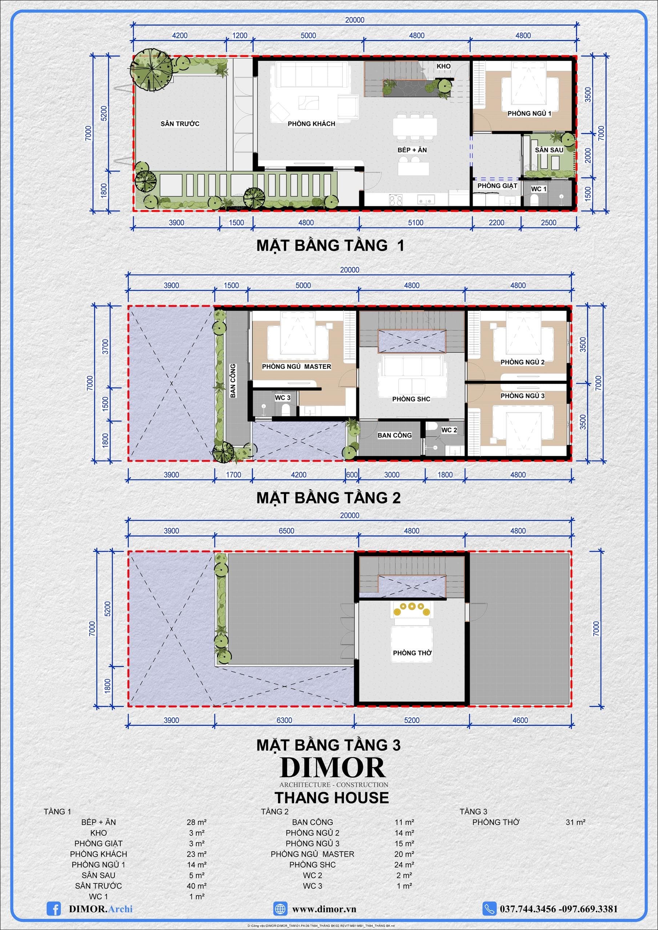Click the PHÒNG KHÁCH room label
click(311, 124)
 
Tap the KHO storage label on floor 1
click(444, 66)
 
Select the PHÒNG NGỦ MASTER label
click(296, 367)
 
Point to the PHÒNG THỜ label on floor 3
click(412, 652)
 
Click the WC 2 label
click(449, 430)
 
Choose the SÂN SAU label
click(549, 150)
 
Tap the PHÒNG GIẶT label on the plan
click(497, 186)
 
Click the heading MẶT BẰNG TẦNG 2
click(328, 498)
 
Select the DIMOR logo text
click(332, 767)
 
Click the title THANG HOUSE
click(332, 797)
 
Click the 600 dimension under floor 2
click(352, 474)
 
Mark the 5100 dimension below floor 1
click(416, 222)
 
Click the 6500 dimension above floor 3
click(286, 531)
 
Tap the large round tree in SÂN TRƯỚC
click(152, 70)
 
